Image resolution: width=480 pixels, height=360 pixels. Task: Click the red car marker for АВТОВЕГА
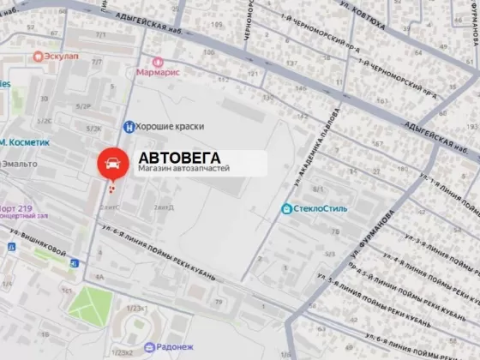(110, 162)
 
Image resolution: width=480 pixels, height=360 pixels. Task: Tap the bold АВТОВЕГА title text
(179, 158)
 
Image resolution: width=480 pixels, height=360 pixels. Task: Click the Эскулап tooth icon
(37, 56)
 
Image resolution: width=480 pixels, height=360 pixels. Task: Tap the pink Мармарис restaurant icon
(158, 62)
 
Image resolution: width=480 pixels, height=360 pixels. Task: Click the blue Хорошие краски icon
(129, 126)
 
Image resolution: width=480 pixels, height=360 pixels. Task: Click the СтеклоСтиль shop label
(321, 208)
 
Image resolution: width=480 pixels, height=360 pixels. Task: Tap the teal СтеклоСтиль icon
(286, 208)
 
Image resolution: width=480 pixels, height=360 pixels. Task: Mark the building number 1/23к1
(135, 307)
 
